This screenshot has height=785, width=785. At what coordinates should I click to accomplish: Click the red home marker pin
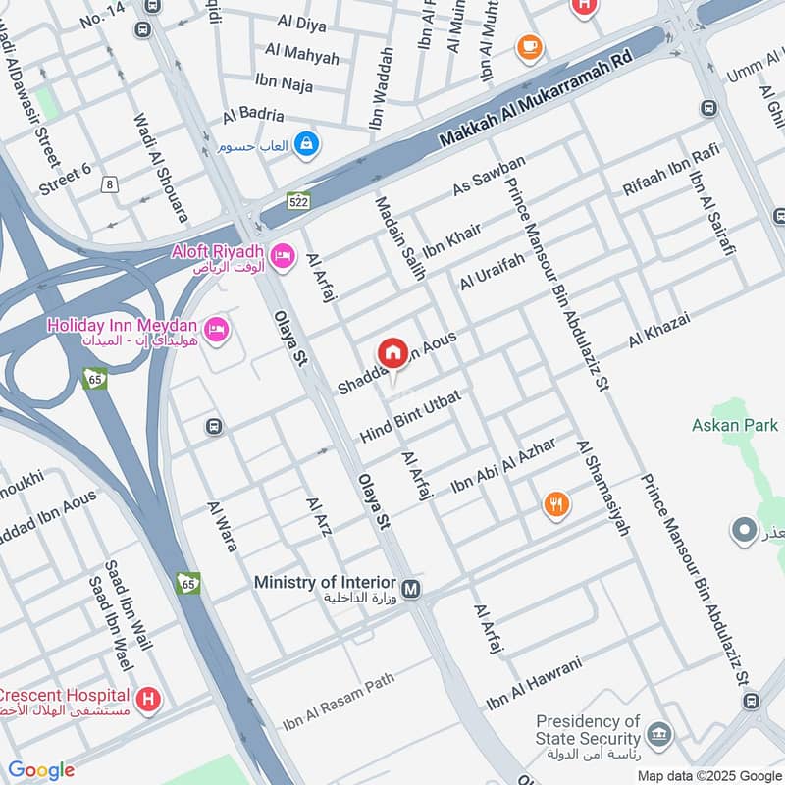(x=392, y=352)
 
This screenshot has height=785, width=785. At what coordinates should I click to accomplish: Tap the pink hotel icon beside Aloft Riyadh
(x=283, y=254)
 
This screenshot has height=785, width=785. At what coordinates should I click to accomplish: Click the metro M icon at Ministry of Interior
(x=412, y=589)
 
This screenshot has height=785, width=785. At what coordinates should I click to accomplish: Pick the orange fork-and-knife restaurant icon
(x=556, y=504)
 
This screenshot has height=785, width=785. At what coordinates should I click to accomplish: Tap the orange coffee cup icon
(x=529, y=46)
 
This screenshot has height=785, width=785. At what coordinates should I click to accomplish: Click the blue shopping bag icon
(x=308, y=144)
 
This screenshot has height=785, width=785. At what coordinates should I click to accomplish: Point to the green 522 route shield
(x=299, y=201)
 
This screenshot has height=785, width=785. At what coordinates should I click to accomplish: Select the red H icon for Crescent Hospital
(x=148, y=700)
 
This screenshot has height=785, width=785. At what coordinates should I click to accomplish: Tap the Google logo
(x=41, y=770)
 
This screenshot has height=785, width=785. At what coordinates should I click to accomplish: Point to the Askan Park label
(x=734, y=425)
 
